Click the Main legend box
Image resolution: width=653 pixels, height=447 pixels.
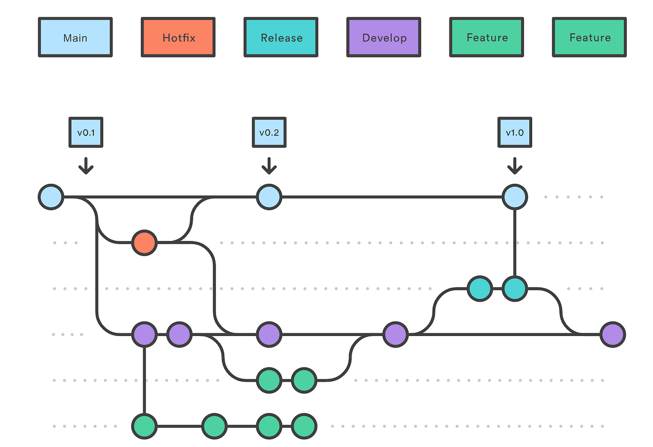point(75,38)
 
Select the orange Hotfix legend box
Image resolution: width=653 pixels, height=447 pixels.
point(178,38)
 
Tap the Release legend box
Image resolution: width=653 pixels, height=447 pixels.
point(281,38)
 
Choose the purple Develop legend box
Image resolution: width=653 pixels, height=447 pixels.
point(384,38)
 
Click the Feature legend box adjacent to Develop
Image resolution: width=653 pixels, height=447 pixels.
point(486,38)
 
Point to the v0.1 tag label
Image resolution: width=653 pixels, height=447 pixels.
point(85,132)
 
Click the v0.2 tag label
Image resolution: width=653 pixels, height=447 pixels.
point(269,132)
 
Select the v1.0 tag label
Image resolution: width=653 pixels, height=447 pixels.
point(515,132)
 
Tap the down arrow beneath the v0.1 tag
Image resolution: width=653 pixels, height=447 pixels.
point(85,165)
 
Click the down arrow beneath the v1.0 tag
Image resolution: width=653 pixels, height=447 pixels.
point(515,165)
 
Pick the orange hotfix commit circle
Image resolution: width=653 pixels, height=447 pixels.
point(144,243)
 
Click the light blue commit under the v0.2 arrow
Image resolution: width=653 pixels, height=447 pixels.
point(269,196)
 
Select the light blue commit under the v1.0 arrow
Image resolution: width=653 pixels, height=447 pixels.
point(515,196)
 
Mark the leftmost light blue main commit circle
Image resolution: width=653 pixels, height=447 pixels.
point(51,196)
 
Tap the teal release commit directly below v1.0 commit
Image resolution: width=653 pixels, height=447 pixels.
point(515,289)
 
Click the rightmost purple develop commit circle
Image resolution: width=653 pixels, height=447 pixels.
point(613,334)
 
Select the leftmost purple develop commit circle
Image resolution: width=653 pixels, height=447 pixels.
point(144,334)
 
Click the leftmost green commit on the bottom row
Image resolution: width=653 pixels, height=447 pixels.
point(144,426)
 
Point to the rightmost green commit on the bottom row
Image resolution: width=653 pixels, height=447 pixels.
point(304,426)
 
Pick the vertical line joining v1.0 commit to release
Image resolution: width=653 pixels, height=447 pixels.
point(515,243)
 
